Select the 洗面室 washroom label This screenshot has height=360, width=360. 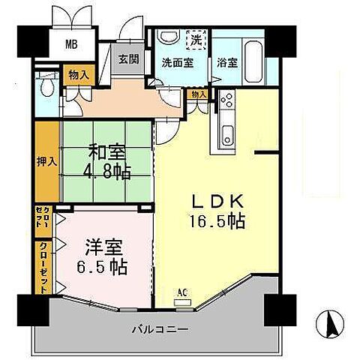pyautogui.click(x=177, y=62)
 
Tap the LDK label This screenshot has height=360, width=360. pyautogui.click(x=218, y=202)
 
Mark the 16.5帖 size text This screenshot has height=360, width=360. pyautogui.click(x=218, y=222)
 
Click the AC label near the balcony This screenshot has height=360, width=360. pyautogui.click(x=182, y=292)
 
